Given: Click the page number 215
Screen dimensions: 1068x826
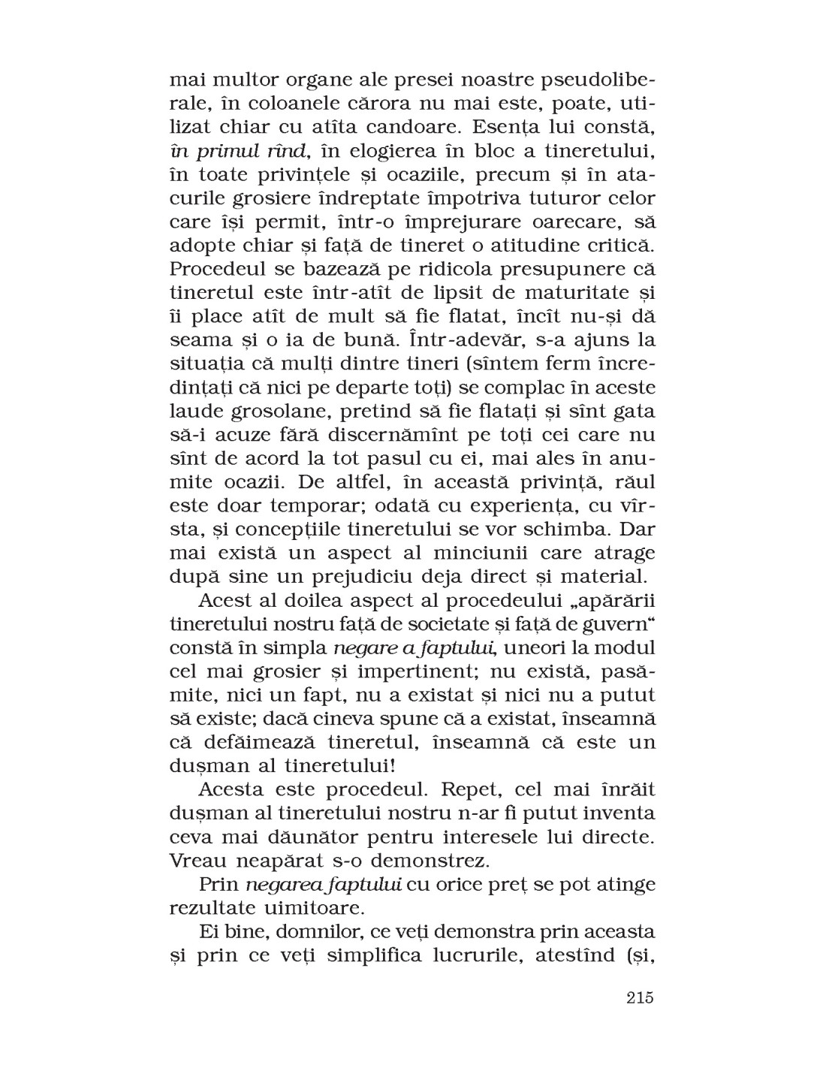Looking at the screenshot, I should point(638,998).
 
